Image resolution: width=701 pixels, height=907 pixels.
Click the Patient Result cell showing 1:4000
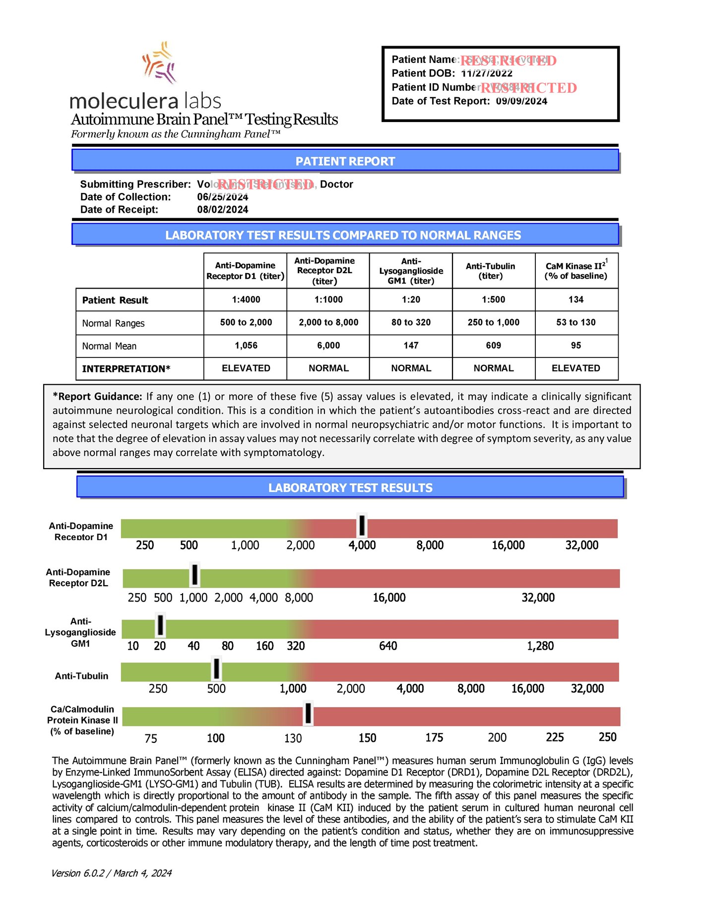pos(246,300)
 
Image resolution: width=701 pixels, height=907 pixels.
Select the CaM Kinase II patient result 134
pos(575,300)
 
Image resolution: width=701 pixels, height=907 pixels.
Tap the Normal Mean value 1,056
pos(246,346)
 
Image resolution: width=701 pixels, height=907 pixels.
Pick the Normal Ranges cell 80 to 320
pos(411,322)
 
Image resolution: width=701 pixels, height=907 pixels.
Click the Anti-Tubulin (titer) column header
pos(490,271)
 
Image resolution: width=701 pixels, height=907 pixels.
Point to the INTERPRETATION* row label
pos(126,369)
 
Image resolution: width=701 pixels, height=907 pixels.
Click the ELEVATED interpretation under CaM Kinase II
pos(575,368)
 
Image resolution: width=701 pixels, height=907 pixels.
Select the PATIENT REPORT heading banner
pos(345,161)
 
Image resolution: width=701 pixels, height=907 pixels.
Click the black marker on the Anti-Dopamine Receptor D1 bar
pos(362,526)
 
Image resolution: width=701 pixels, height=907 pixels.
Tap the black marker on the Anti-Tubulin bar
pos(216,669)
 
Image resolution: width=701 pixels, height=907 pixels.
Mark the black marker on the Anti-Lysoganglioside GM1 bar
pos(160,625)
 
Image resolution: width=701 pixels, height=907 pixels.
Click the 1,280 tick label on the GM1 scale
pos(540,646)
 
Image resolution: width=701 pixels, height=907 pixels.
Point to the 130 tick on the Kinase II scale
pos(293,738)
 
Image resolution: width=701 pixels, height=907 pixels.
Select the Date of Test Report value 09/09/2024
pos(521,101)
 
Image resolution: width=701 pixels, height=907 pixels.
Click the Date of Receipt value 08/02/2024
pos(223,210)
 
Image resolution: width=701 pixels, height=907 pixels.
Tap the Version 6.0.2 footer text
pos(111,873)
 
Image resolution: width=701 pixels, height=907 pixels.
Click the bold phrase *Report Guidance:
pos(98,397)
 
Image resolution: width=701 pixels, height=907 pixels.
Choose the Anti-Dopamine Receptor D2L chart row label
pos(78,578)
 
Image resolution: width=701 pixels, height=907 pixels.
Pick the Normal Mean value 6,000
pos(328,346)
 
